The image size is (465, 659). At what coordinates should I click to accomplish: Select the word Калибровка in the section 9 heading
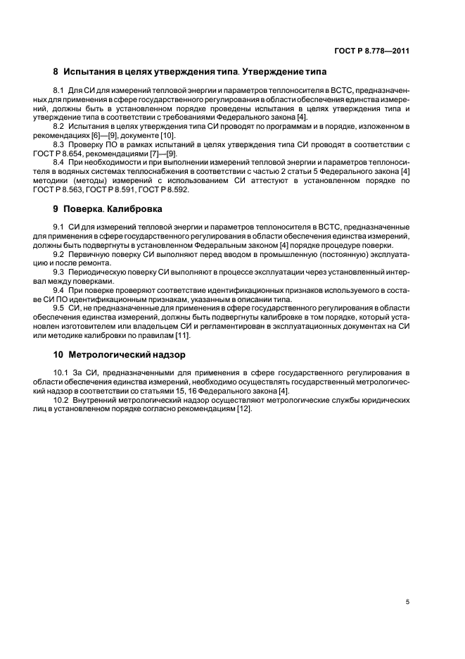(138, 209)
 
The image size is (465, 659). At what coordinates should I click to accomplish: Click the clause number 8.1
(60, 91)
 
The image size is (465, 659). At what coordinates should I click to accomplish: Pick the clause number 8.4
(60, 163)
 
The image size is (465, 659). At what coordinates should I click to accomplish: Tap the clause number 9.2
(60, 253)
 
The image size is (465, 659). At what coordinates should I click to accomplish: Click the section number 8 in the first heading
(56, 72)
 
